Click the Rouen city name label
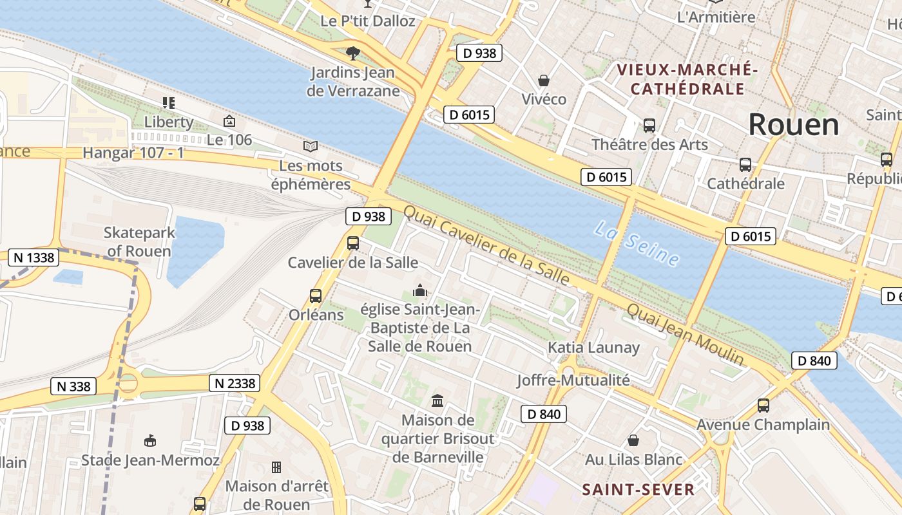pyautogui.click(x=794, y=124)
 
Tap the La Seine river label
pyautogui.click(x=637, y=243)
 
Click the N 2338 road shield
pyautogui.click(x=235, y=384)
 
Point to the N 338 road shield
pyautogui.click(x=73, y=386)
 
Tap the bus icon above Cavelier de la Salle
pyautogui.click(x=353, y=243)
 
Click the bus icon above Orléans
pyautogui.click(x=316, y=296)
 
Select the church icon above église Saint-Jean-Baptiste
pyautogui.click(x=420, y=291)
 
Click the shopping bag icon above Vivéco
pyautogui.click(x=544, y=80)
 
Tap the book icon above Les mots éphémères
pyautogui.click(x=311, y=147)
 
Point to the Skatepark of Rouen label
pyautogui.click(x=137, y=241)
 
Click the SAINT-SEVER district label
pyautogui.click(x=638, y=489)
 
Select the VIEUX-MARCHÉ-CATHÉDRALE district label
pyautogui.click(x=687, y=79)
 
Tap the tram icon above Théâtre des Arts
pyautogui.click(x=649, y=126)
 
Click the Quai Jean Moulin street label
pyautogui.click(x=685, y=334)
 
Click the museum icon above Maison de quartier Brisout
pyautogui.click(x=437, y=400)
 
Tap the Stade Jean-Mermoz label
pyautogui.click(x=150, y=460)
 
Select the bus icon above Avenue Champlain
pyautogui.click(x=763, y=406)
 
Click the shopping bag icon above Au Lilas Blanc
pyautogui.click(x=633, y=441)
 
